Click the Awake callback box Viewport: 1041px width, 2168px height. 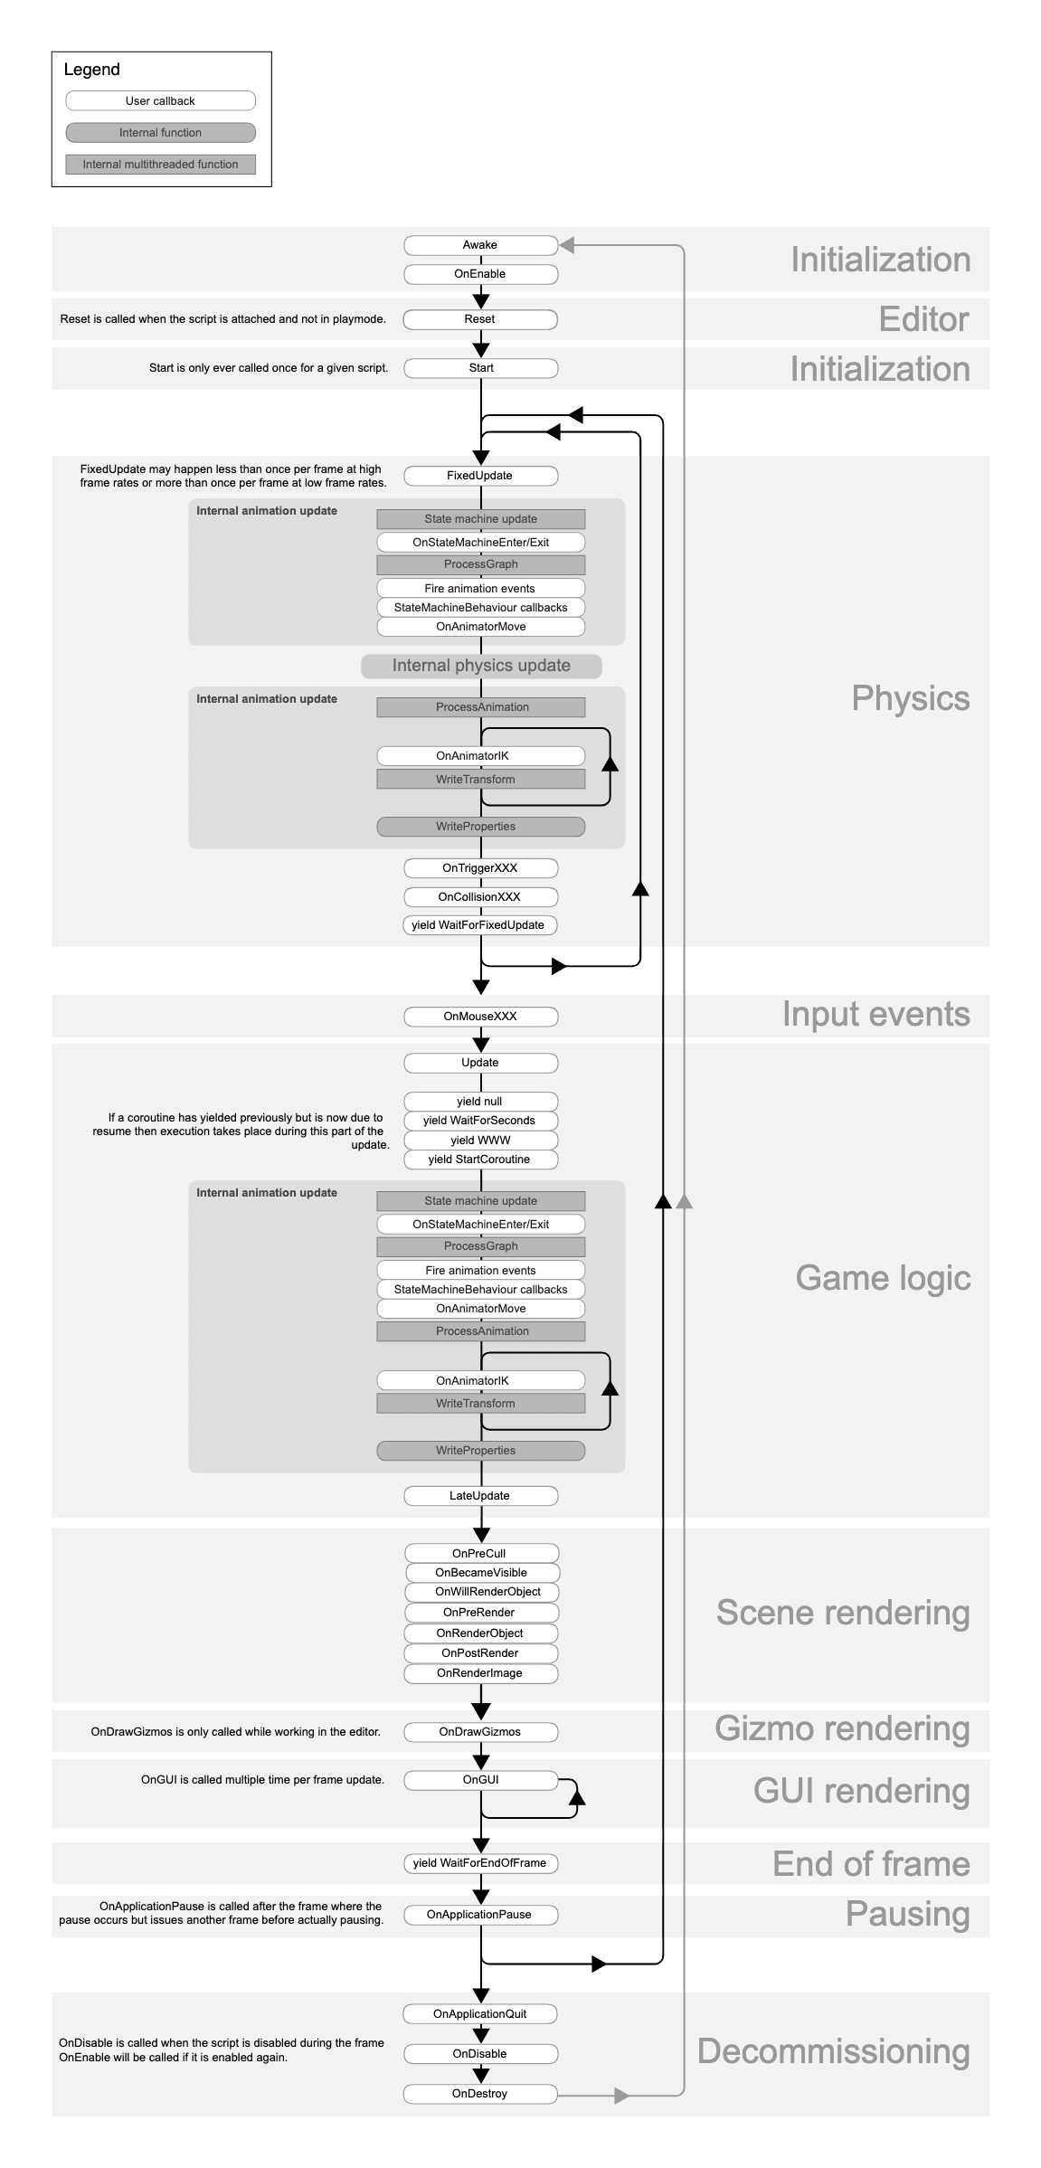coord(480,245)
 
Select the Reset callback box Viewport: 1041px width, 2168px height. coord(480,319)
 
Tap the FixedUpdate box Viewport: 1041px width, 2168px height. coord(480,476)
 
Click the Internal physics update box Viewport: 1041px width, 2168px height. coord(481,666)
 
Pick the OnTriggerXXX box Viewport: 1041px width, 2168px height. coord(480,868)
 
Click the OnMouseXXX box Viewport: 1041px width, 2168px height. coord(480,1017)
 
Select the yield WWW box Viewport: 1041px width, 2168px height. coord(480,1141)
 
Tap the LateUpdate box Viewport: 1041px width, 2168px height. coord(480,1496)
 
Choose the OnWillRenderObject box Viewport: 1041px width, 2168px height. coord(481,1592)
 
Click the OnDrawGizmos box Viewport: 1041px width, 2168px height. coord(480,1732)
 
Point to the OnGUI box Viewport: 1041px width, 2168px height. coord(480,1780)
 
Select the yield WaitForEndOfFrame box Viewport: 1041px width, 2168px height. coord(480,1863)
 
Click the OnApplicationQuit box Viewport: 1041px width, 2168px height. coord(480,2014)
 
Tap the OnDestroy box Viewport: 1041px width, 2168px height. coord(480,2094)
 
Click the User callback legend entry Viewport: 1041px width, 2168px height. coord(160,101)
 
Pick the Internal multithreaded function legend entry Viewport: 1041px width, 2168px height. coord(160,165)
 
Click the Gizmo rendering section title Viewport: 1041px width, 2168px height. coord(842,1728)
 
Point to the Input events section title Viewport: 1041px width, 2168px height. coord(875,1015)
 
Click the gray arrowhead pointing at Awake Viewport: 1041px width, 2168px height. coord(567,245)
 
